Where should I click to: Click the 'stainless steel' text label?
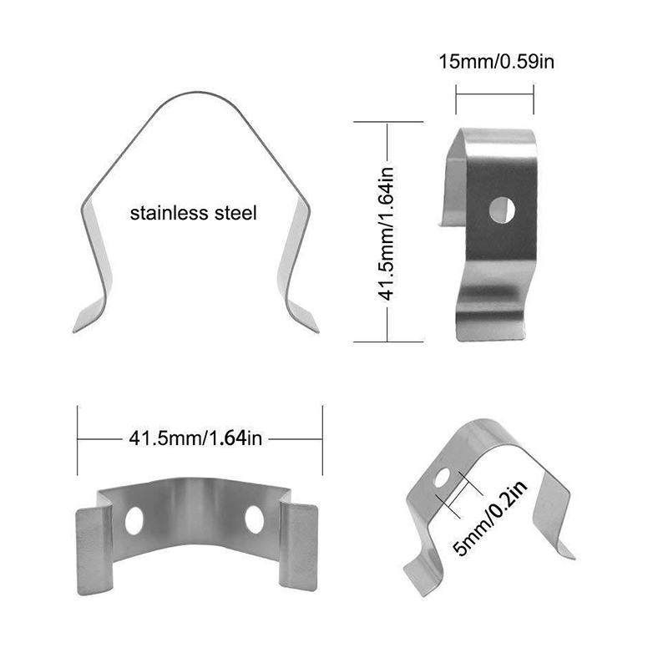click(193, 213)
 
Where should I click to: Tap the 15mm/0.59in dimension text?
click(496, 62)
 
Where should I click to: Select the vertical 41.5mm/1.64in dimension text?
click(387, 234)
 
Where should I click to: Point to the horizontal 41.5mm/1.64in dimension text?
click(195, 438)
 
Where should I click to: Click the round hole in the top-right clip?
click(502, 210)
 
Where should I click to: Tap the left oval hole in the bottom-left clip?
click(134, 520)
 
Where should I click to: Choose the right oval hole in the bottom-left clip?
click(255, 519)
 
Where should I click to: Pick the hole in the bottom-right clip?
click(442, 477)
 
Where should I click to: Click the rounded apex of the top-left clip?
click(197, 93)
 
